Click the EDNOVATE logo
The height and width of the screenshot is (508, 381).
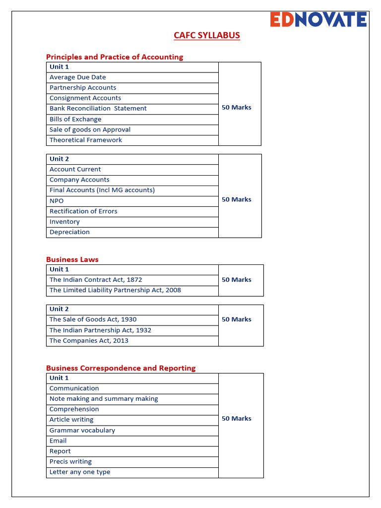(x=318, y=19)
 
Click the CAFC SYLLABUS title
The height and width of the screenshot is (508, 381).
(x=206, y=35)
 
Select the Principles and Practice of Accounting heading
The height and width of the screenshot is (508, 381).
(x=115, y=57)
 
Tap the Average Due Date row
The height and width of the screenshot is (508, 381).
(x=77, y=77)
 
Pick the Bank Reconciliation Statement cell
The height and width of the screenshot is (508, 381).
(x=98, y=109)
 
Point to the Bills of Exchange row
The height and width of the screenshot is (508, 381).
(x=75, y=120)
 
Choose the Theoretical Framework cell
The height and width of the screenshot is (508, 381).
(x=86, y=140)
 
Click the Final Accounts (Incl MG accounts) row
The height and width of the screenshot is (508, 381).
(x=102, y=190)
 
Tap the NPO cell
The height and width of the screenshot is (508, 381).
(x=57, y=201)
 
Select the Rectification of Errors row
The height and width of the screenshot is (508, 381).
(x=83, y=211)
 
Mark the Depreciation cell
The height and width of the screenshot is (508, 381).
(x=69, y=232)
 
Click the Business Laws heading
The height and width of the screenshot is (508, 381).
(x=72, y=259)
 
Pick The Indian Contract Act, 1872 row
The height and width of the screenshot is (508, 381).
(x=96, y=280)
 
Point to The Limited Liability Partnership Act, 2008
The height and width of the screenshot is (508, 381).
(x=115, y=290)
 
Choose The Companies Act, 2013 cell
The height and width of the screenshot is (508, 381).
(x=89, y=341)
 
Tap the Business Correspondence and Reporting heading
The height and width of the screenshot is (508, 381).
(x=121, y=368)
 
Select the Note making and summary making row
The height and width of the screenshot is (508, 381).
(x=104, y=399)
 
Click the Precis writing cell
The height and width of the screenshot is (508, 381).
(x=70, y=462)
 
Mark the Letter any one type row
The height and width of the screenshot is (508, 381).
(x=80, y=472)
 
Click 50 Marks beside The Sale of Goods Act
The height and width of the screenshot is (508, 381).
(x=237, y=319)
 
